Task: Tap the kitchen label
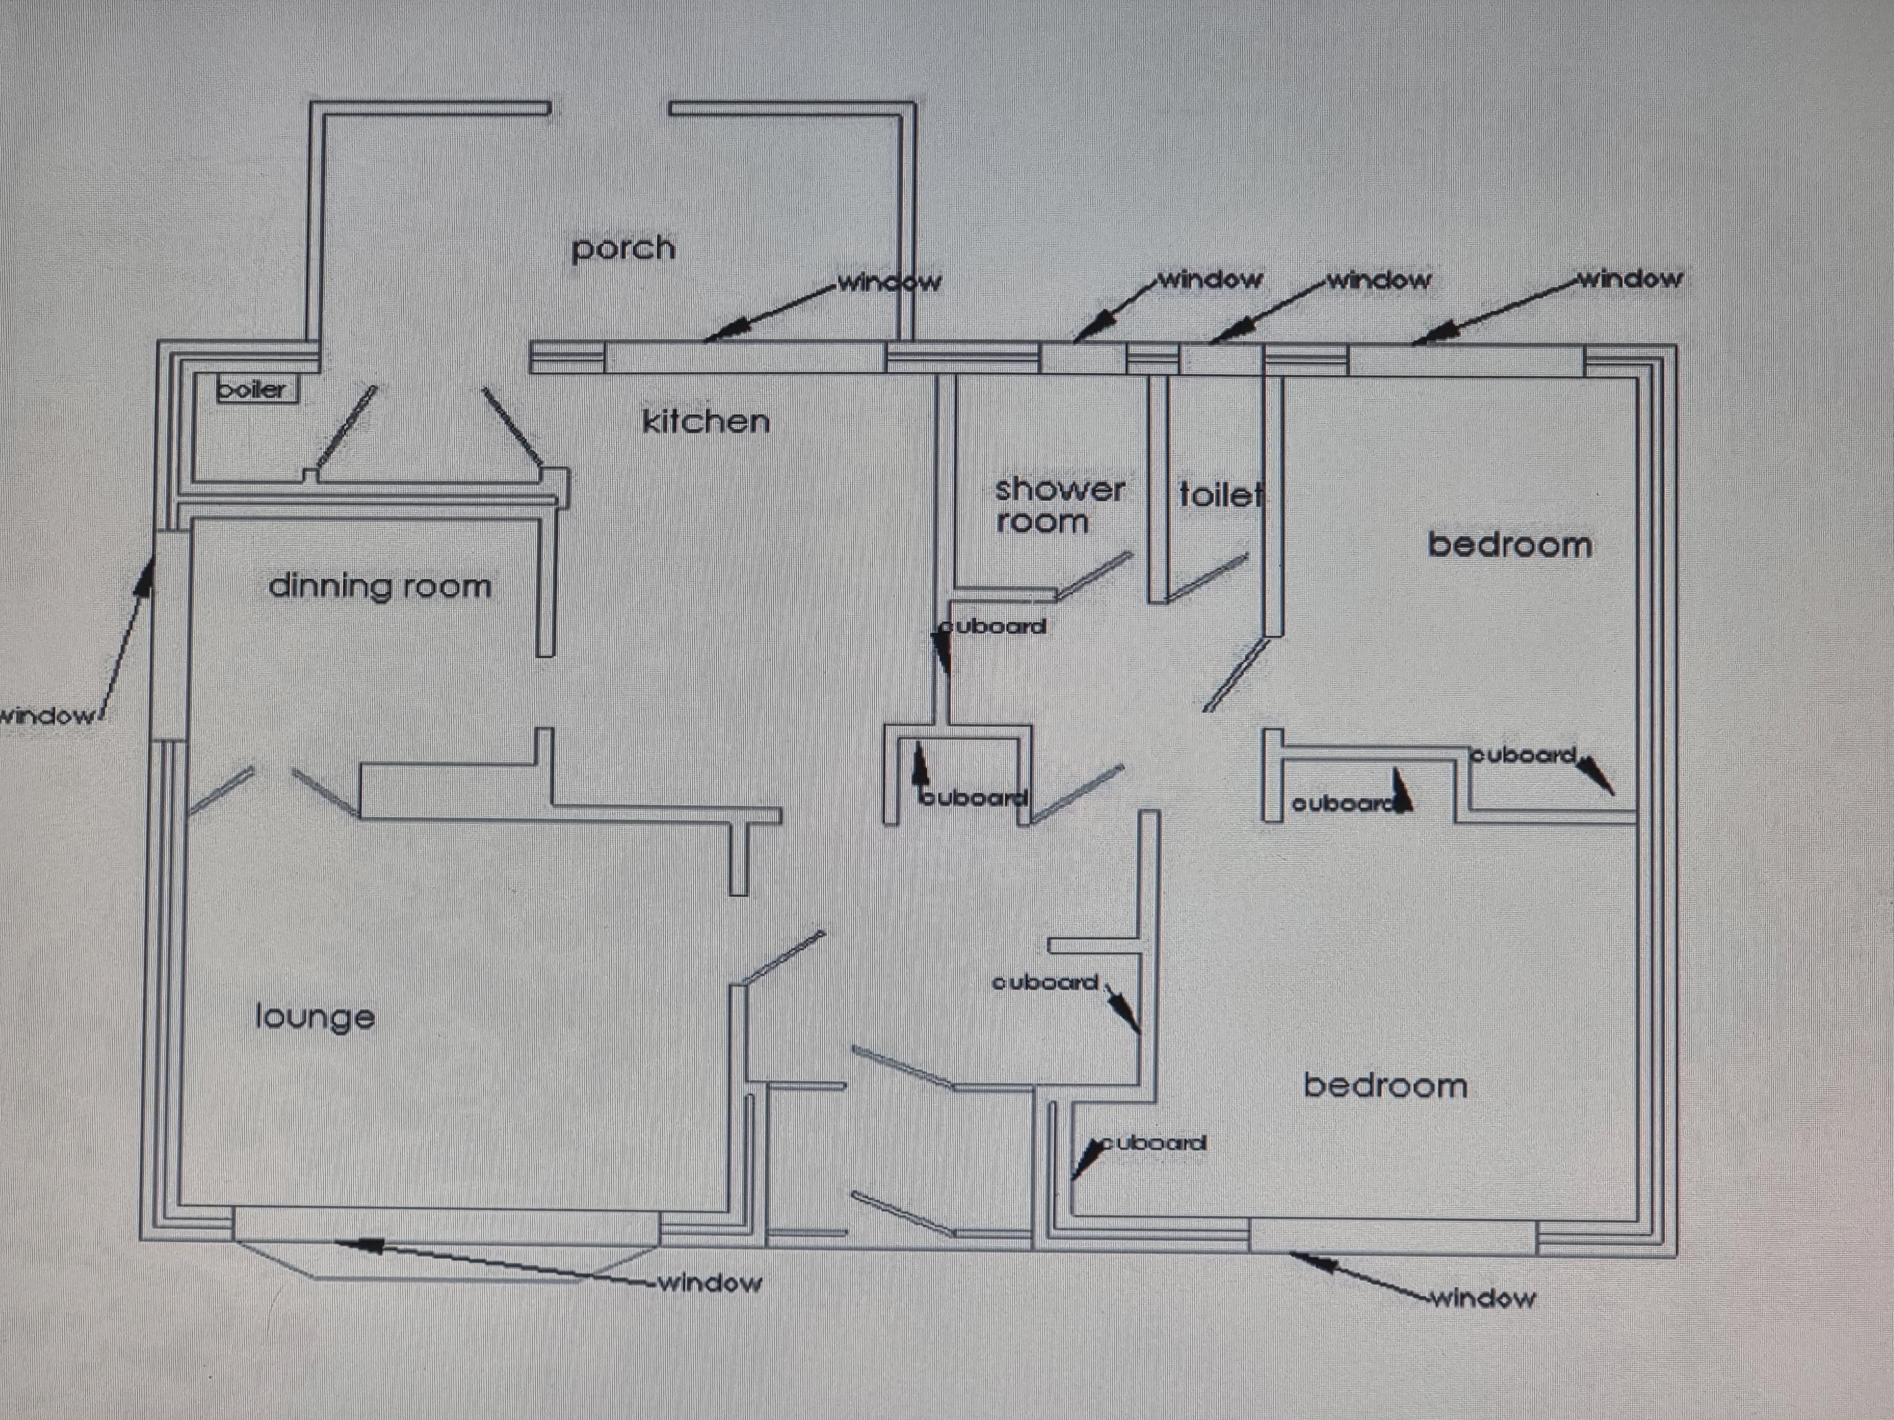click(x=706, y=421)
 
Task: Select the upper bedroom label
click(x=1510, y=544)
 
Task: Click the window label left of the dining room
click(x=47, y=716)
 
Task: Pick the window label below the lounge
click(x=710, y=1282)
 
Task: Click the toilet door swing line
click(x=1206, y=578)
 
